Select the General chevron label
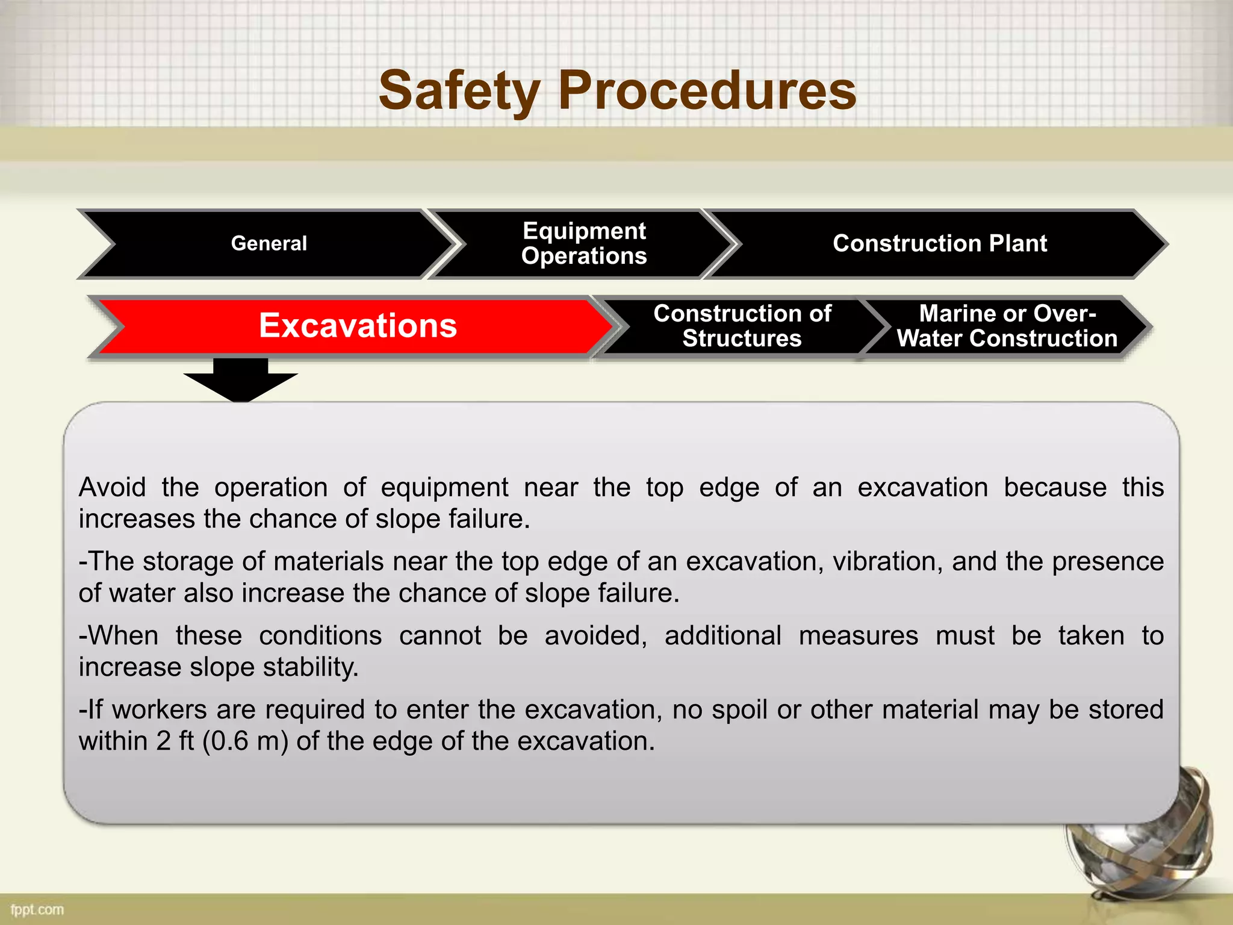[x=269, y=243]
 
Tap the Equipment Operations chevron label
[x=584, y=243]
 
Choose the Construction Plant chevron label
[x=939, y=243]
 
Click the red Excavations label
[x=358, y=326]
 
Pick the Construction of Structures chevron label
[x=742, y=326]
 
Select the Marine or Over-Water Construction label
[x=1007, y=326]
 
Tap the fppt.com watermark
[x=37, y=909]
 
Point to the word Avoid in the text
[x=112, y=487]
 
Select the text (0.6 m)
[x=245, y=741]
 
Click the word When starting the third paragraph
[x=123, y=635]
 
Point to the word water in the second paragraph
[x=143, y=593]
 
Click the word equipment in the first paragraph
[x=444, y=487]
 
